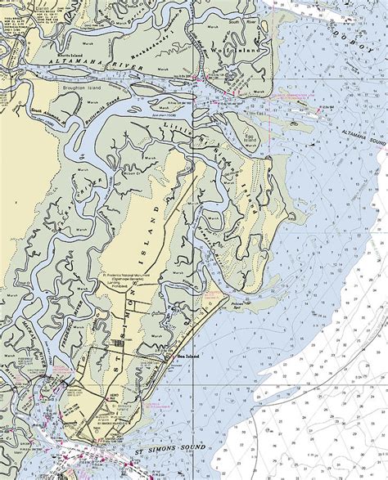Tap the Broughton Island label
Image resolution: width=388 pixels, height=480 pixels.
61,85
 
